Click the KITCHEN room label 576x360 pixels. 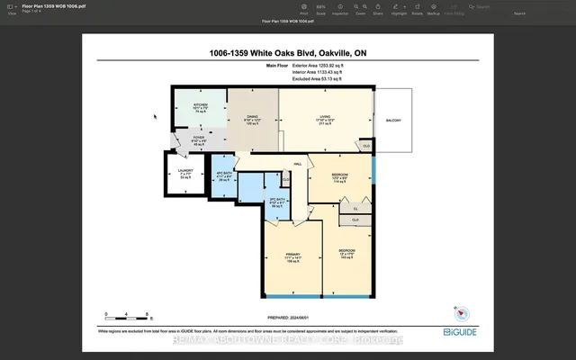point(201,105)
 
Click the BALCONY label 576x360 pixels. point(393,121)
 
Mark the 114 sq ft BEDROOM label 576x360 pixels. point(338,176)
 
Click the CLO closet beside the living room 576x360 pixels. point(365,145)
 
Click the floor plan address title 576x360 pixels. point(287,53)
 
